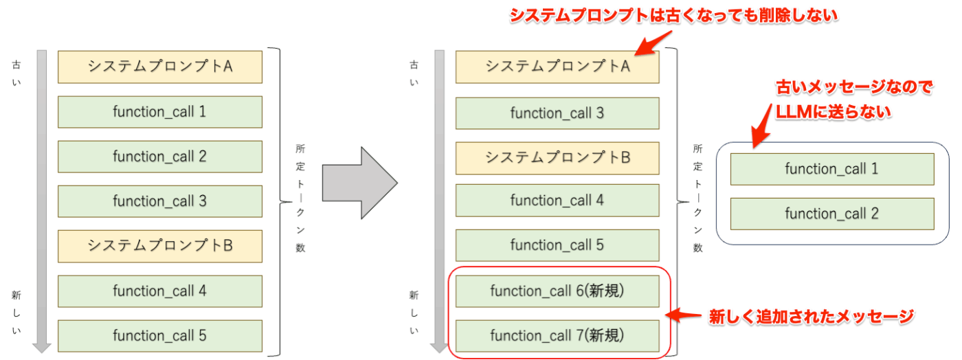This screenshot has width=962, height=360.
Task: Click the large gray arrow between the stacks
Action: (360, 183)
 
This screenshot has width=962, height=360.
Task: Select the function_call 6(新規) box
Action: (557, 291)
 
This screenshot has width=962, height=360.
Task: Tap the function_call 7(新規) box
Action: (557, 336)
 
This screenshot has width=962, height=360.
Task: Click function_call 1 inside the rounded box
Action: (832, 169)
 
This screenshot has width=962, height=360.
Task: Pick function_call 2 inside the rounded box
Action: (832, 214)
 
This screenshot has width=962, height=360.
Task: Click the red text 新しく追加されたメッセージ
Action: (812, 317)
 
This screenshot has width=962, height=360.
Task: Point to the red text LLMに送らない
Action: (833, 112)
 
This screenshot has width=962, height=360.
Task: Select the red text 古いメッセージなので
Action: (854, 87)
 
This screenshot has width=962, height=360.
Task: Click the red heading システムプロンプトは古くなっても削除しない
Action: (673, 16)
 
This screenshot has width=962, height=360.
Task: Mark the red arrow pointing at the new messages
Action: (683, 315)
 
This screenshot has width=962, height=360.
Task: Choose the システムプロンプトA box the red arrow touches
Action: (557, 67)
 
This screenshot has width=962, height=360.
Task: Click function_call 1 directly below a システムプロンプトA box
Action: (159, 112)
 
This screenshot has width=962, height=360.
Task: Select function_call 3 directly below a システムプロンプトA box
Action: (557, 113)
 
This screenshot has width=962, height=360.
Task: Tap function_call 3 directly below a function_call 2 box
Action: (159, 201)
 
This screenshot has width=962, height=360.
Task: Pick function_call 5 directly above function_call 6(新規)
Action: (557, 245)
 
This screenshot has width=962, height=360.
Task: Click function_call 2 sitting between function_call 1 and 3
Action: (159, 157)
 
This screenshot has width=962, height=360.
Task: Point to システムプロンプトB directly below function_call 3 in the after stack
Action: (557, 158)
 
